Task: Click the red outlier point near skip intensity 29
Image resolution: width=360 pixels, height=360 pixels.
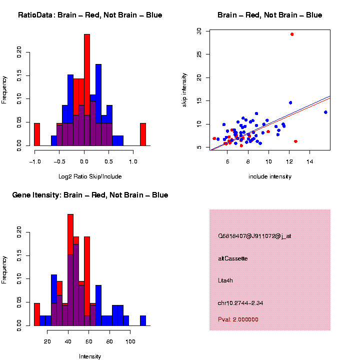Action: pyautogui.click(x=292, y=34)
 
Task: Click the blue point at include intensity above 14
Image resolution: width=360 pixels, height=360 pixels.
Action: pyautogui.click(x=325, y=112)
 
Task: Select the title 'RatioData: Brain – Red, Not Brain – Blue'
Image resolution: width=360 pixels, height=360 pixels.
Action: pyautogui.click(x=90, y=15)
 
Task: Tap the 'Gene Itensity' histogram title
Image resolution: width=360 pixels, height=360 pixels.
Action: pyautogui.click(x=90, y=195)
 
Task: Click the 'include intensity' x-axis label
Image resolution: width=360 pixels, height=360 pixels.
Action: pyautogui.click(x=270, y=176)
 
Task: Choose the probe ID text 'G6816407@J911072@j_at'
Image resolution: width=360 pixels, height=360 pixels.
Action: pyautogui.click(x=254, y=236)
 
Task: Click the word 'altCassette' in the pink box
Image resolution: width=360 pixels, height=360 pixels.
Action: pyautogui.click(x=233, y=258)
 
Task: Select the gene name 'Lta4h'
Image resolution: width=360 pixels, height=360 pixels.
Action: pyautogui.click(x=225, y=280)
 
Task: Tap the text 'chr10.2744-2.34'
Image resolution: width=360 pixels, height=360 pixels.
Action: pyautogui.click(x=240, y=303)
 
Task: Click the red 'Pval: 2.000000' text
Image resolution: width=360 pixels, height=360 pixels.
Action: pyautogui.click(x=238, y=319)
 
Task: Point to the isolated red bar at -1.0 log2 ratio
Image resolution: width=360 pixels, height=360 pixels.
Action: pyautogui.click(x=37, y=134)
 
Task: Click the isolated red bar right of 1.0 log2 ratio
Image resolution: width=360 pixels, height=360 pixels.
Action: pyautogui.click(x=143, y=134)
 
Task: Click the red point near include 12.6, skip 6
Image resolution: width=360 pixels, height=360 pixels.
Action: pyautogui.click(x=296, y=141)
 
